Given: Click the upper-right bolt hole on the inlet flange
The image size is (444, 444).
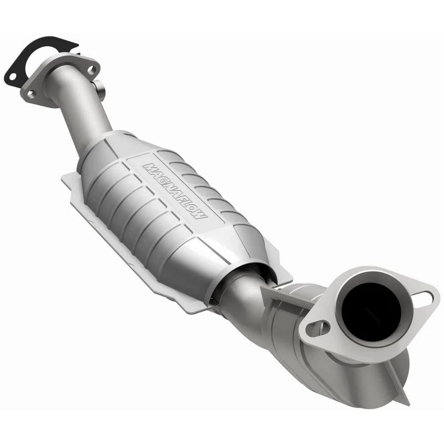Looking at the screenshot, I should click(x=91, y=69).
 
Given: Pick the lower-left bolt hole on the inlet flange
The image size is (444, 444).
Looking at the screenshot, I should click(x=31, y=94).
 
